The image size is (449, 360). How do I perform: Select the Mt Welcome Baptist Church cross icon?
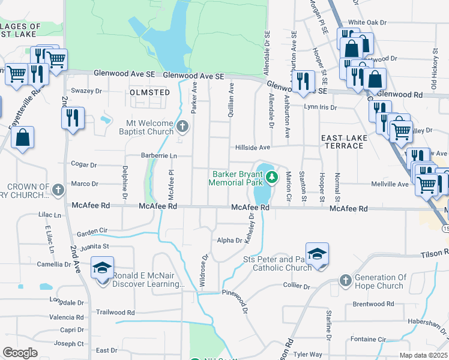(x=184, y=127)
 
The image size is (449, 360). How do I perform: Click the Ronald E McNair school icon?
(x=103, y=268)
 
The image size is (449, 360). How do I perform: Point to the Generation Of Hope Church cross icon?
(x=345, y=280)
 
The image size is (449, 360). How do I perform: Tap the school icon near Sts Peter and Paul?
(x=317, y=253)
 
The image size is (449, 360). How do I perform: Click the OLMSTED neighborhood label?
(x=150, y=92)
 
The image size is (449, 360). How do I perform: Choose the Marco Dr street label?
(x=84, y=184)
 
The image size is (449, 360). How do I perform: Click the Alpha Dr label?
(x=229, y=241)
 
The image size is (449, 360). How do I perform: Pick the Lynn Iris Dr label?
(x=321, y=107)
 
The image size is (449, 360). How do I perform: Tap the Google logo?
(x=20, y=353)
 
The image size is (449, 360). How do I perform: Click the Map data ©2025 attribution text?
(x=423, y=355)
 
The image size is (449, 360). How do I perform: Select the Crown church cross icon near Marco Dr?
(x=58, y=190)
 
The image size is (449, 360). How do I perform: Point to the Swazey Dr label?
(x=86, y=91)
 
